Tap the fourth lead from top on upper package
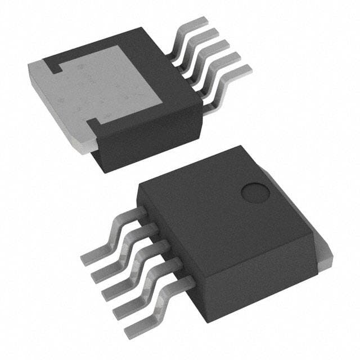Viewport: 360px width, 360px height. (x=228, y=61)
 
